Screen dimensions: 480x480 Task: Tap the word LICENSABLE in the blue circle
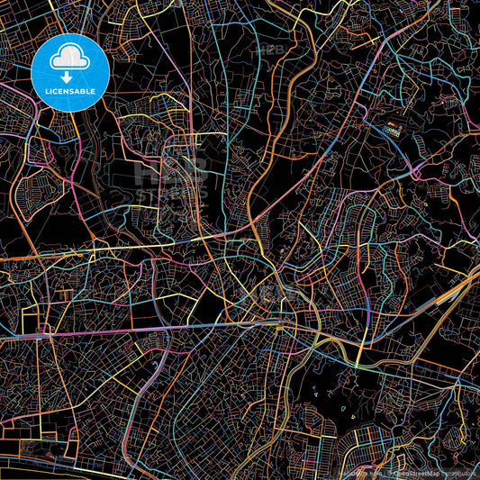[70, 91]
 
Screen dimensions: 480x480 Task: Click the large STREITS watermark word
[171, 194]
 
